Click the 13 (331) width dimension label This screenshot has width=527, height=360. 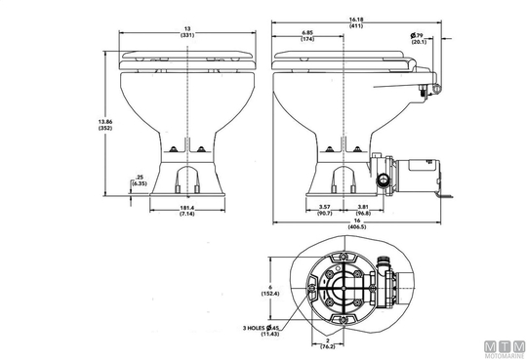click(x=187, y=32)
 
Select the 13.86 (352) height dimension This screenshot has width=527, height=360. click(x=104, y=125)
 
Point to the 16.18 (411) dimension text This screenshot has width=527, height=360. click(x=356, y=22)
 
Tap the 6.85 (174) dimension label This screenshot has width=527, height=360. click(x=307, y=36)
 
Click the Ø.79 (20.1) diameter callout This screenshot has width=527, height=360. click(x=419, y=39)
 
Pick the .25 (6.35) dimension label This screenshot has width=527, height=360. click(x=139, y=180)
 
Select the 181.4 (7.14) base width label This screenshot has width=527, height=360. click(x=187, y=211)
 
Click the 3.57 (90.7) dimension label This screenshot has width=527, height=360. click(x=325, y=210)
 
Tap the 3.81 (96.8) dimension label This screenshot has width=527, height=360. click(x=364, y=210)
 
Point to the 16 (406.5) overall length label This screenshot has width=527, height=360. click(x=357, y=223)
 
